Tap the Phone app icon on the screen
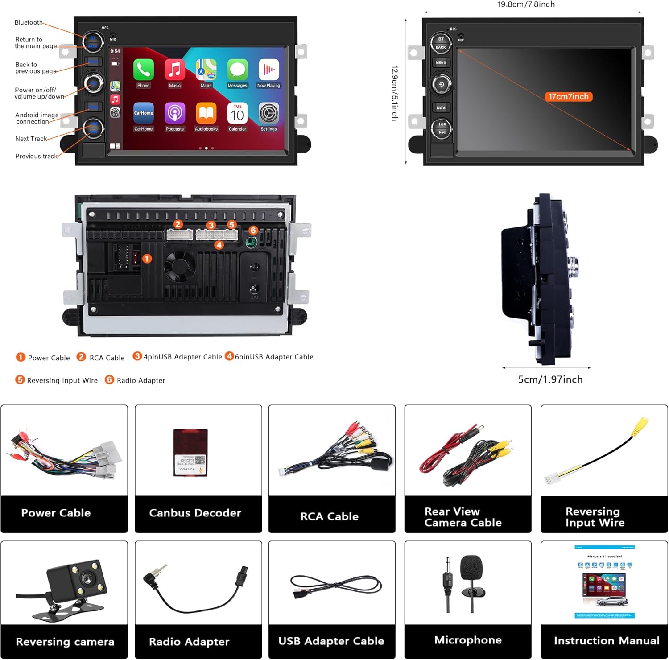(143, 70)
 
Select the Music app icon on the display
(175, 70)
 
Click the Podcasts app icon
(175, 113)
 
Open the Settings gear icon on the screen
(268, 113)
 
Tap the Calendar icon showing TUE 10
(237, 113)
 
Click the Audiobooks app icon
(206, 113)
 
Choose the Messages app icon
(237, 70)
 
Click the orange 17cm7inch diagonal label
(568, 97)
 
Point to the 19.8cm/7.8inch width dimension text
(526, 4)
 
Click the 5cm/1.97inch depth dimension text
(550, 379)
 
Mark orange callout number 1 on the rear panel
(147, 259)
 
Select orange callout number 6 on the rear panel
(253, 230)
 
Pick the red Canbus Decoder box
(190, 453)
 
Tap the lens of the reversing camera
(87, 578)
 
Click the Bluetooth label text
(29, 22)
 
